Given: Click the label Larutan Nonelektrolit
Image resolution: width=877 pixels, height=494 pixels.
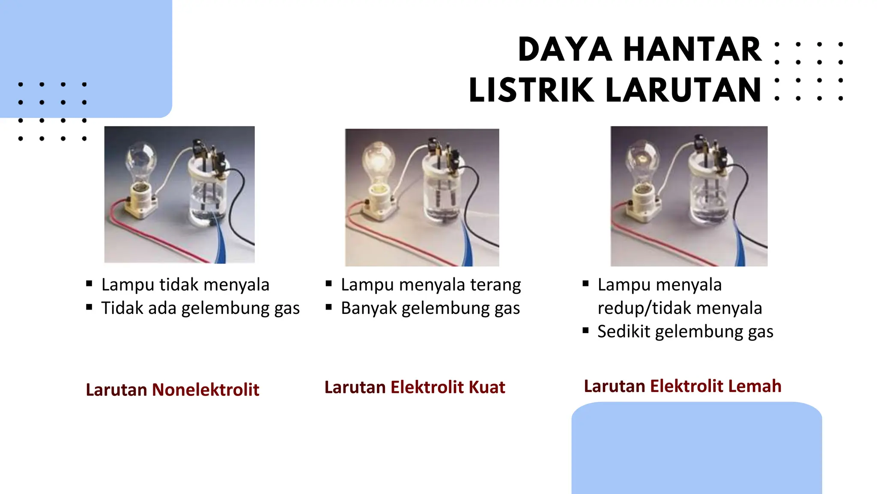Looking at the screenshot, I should click(x=172, y=390).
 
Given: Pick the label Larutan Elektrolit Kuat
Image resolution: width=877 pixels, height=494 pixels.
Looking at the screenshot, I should click(x=415, y=387).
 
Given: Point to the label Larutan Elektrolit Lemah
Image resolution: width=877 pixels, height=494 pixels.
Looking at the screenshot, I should click(x=683, y=386).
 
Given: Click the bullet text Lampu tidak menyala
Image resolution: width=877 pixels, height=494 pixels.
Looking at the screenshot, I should click(x=185, y=285).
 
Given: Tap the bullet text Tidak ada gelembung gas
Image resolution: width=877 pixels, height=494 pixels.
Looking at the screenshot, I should click(x=200, y=308).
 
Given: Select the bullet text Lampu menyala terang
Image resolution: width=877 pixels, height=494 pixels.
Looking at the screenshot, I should click(x=431, y=285).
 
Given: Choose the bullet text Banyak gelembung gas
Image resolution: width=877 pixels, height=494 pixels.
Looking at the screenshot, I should click(x=430, y=308).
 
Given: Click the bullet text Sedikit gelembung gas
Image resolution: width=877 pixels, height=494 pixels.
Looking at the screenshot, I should click(x=685, y=331).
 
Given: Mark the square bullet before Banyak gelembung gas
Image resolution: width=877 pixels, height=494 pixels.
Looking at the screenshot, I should click(x=329, y=307).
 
